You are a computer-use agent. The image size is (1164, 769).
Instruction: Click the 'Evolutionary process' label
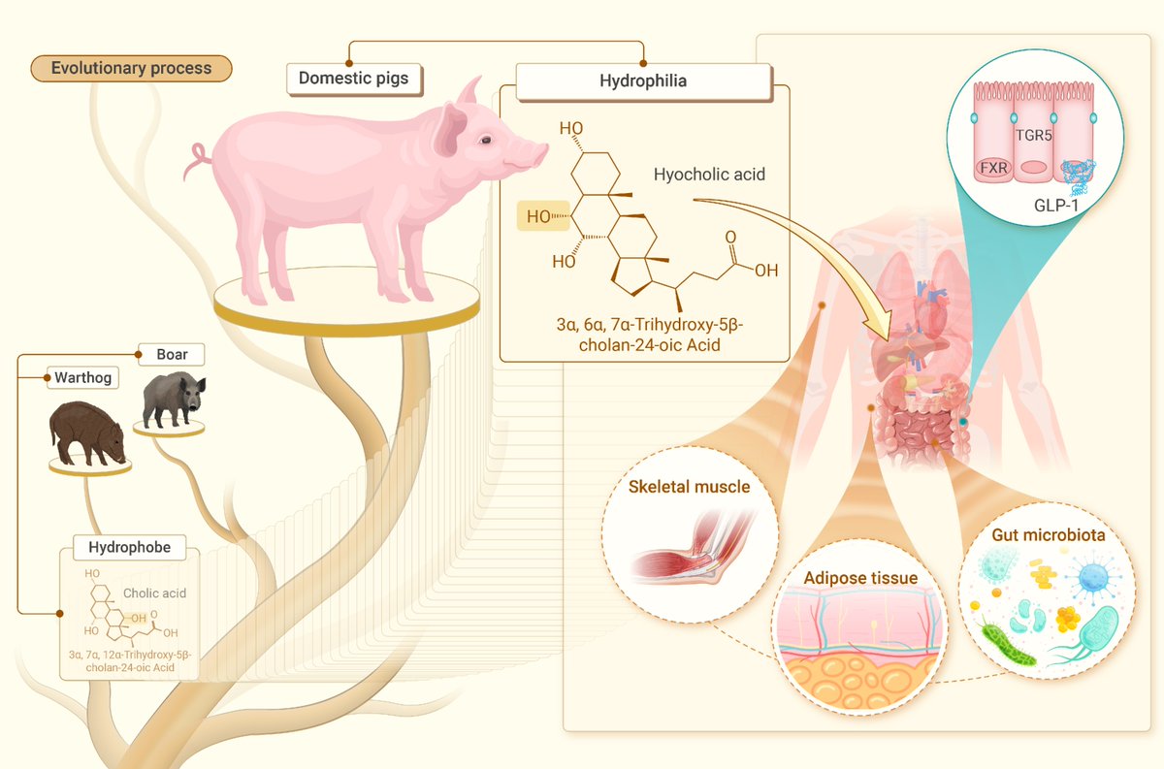[131, 68]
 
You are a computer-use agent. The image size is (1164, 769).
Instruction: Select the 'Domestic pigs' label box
[354, 78]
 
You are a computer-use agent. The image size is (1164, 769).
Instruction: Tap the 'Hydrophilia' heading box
[643, 81]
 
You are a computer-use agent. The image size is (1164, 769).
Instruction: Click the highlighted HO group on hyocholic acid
[538, 217]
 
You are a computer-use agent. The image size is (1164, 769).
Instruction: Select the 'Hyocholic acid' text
[709, 175]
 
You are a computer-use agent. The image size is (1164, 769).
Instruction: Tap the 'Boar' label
[172, 354]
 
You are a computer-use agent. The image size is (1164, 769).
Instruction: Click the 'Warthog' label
[81, 377]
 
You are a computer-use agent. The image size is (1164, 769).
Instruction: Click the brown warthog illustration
[87, 433]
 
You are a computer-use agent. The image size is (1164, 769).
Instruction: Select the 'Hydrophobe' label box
[129, 547]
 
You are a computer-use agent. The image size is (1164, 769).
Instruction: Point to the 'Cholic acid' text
[154, 593]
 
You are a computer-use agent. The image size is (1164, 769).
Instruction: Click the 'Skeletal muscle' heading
[689, 487]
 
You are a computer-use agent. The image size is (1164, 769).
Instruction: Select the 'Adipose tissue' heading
[860, 578]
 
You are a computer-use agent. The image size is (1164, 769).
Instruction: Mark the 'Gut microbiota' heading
[1047, 535]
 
